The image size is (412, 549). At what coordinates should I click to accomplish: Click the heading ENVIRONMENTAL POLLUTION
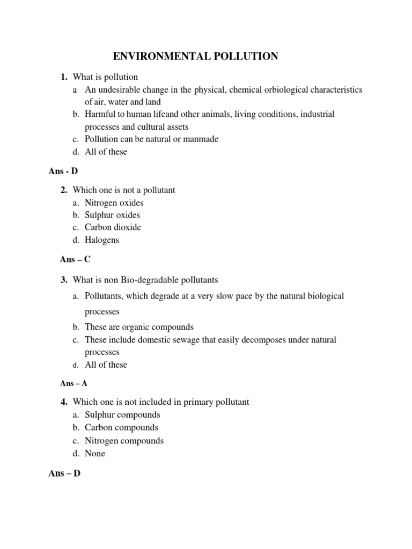click(195, 56)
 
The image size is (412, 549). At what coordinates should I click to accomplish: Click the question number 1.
click(63, 77)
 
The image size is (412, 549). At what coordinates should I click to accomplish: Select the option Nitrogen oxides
click(114, 203)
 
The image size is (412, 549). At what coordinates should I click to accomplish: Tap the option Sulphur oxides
click(112, 215)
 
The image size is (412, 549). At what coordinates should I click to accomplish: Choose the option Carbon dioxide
click(113, 227)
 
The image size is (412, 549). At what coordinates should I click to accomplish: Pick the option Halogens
click(102, 240)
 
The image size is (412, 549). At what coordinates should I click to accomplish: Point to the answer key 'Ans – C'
click(75, 259)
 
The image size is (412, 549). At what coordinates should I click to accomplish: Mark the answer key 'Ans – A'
click(73, 383)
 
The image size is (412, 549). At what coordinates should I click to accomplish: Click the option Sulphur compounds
click(122, 415)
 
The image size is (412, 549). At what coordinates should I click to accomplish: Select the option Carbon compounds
click(121, 427)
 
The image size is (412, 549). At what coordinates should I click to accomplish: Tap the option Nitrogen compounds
click(124, 441)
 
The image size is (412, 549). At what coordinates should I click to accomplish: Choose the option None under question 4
click(95, 453)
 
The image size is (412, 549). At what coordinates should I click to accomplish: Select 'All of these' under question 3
click(106, 365)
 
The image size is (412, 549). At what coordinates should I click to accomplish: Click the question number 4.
click(63, 402)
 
